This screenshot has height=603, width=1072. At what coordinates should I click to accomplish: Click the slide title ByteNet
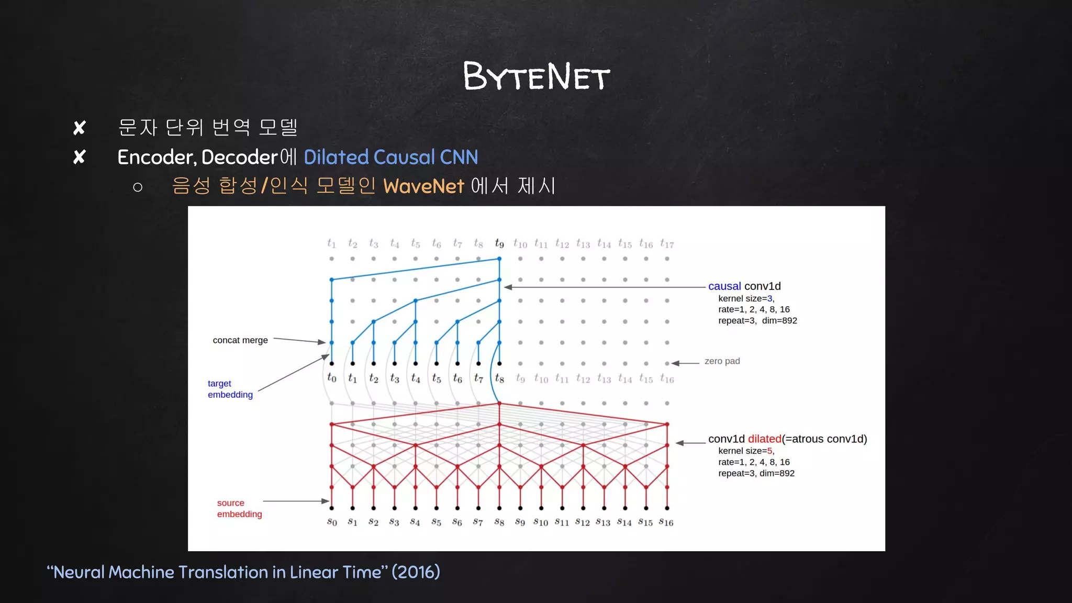tap(536, 76)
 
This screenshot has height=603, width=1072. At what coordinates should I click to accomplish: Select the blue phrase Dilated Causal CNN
tap(390, 157)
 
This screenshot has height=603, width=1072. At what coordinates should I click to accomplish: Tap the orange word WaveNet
tap(423, 186)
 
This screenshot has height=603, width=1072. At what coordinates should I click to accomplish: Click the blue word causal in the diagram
tap(724, 286)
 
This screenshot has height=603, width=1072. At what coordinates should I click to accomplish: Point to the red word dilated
tap(764, 439)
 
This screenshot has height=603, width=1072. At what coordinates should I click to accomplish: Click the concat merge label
tap(240, 340)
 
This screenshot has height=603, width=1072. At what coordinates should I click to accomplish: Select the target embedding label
tap(230, 389)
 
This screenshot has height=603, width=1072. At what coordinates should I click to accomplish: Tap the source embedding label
tap(239, 508)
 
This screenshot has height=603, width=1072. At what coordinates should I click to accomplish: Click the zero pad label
tap(722, 361)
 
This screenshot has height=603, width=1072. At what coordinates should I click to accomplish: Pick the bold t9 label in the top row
tap(499, 243)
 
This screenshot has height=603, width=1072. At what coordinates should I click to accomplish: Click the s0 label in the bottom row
tap(332, 522)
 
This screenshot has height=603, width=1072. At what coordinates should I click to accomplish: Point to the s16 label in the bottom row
tap(666, 522)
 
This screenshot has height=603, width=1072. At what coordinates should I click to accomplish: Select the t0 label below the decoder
tap(332, 377)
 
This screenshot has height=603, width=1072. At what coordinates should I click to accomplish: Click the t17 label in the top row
tap(667, 243)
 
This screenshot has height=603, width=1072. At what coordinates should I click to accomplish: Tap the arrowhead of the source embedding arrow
tap(326, 501)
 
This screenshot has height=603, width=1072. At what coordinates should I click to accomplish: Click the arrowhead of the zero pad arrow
tap(675, 363)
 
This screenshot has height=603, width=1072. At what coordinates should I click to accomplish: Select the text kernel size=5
tap(745, 451)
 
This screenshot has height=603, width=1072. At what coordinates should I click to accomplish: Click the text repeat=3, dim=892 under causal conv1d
tap(757, 321)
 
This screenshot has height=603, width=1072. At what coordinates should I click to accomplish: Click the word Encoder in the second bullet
tap(156, 157)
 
